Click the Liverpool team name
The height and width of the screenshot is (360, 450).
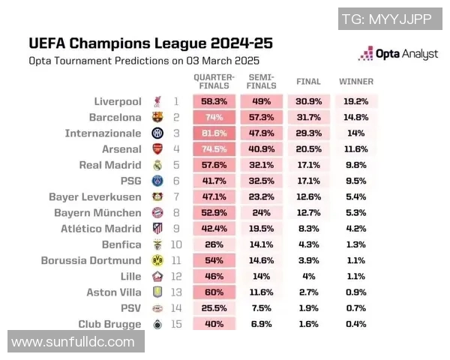118,101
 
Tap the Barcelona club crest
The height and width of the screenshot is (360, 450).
157,117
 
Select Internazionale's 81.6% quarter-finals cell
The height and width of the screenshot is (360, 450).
214,133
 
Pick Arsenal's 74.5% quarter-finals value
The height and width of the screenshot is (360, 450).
214,148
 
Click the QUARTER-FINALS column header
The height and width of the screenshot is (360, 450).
214,81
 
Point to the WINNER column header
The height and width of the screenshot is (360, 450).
356,81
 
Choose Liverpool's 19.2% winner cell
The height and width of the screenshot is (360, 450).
356,101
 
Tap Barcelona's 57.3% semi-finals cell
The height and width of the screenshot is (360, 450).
261,117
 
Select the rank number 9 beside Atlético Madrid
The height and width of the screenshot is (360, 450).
176,228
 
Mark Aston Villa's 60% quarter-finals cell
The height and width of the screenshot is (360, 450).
214,292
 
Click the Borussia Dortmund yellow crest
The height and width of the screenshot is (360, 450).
157,260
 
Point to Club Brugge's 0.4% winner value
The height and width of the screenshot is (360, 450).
356,324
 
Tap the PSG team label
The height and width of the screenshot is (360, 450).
130,181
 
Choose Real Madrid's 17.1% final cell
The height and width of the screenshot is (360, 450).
308,165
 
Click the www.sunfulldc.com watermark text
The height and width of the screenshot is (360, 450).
73,342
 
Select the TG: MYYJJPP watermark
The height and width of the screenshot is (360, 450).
386,19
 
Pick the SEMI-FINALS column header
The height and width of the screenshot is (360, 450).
261,81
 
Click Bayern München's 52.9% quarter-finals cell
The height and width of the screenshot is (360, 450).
214,212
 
